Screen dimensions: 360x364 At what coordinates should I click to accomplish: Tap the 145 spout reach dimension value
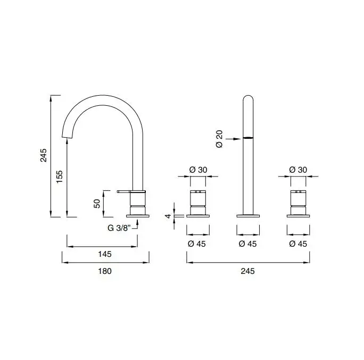pos(105,254)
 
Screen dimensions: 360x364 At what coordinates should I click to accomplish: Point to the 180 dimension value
pos(105,271)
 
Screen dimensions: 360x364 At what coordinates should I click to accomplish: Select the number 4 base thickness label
pos(168,216)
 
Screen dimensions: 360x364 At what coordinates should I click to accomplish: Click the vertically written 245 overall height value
pos(44,155)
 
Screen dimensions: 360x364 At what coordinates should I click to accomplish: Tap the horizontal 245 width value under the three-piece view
pos(248,271)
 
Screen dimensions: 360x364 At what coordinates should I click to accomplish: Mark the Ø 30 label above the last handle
pos(299,170)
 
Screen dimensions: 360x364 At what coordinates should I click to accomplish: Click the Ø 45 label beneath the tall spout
pos(249,244)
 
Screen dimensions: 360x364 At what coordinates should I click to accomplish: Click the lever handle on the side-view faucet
pos(125,190)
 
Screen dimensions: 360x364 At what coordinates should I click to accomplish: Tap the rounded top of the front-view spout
pos(248,98)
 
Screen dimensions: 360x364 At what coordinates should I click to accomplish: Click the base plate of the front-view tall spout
pos(248,215)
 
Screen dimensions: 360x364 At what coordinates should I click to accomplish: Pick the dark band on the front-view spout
pos(248,138)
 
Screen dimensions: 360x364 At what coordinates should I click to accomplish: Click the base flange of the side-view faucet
pos(138,215)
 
